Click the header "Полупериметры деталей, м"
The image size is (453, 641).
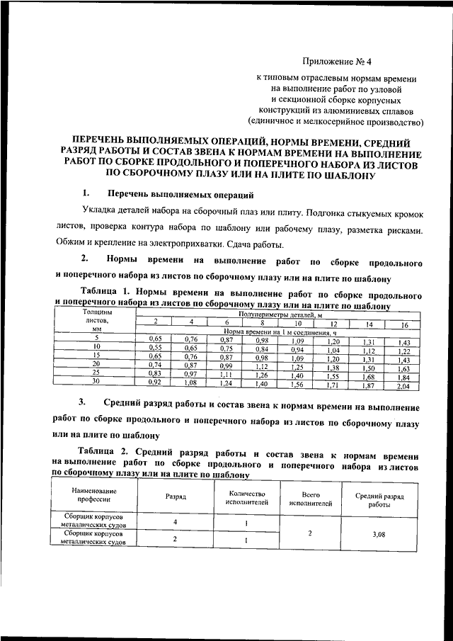[x=280, y=313]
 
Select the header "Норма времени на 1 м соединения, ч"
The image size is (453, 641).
[x=280, y=331]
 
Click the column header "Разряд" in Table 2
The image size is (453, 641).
[x=176, y=498]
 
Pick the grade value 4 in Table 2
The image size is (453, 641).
[x=176, y=523]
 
